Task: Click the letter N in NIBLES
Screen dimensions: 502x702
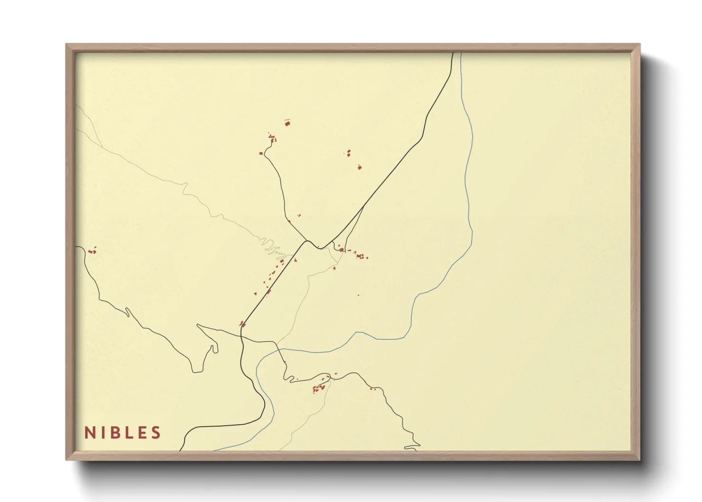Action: pos(89,433)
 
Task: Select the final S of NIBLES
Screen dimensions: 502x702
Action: pos(156,433)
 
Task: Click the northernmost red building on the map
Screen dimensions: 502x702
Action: pos(287,123)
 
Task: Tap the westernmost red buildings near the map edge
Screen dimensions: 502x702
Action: pos(92,251)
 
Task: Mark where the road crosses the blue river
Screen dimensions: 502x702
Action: pos(280,350)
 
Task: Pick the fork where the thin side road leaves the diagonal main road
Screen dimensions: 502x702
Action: pos(364,206)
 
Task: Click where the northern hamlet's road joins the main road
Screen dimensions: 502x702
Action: pos(307,241)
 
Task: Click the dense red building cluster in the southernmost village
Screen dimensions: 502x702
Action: pos(319,388)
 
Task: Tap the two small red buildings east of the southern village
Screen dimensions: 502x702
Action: pos(372,389)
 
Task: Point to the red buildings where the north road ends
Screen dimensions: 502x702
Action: pos(272,139)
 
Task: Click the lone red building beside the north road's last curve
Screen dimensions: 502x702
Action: pos(261,153)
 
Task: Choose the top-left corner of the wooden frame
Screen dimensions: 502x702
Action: pos(66,45)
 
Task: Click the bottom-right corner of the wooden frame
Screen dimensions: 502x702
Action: pos(639,459)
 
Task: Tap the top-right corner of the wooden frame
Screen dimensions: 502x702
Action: pos(639,45)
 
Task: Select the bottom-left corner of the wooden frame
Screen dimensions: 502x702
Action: pos(66,459)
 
